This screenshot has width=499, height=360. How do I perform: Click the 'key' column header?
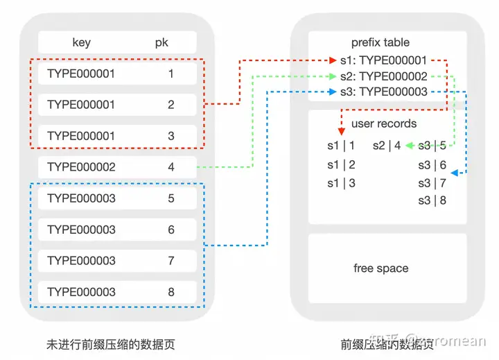[82, 43]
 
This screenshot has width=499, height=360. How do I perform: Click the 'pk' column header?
[161, 43]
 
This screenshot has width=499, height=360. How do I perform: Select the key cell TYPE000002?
[81, 167]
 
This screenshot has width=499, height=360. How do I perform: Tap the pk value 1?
[171, 74]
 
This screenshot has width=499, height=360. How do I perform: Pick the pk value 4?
[171, 167]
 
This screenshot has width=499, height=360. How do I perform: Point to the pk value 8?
[171, 292]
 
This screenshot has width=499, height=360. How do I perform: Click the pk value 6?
[171, 230]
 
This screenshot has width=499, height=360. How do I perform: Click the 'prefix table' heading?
[381, 43]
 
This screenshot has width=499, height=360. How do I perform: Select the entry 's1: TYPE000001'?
[383, 61]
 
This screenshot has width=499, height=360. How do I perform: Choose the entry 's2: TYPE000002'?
[383, 77]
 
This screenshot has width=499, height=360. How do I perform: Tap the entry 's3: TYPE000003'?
[383, 92]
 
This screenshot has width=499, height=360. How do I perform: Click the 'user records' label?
[384, 124]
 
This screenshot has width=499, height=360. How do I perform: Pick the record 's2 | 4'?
[387, 146]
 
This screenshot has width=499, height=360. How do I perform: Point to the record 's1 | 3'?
[341, 184]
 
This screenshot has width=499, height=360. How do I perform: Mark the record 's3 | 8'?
[432, 200]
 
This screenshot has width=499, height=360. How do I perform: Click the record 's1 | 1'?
[341, 146]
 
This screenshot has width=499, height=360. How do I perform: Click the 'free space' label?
[380, 268]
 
